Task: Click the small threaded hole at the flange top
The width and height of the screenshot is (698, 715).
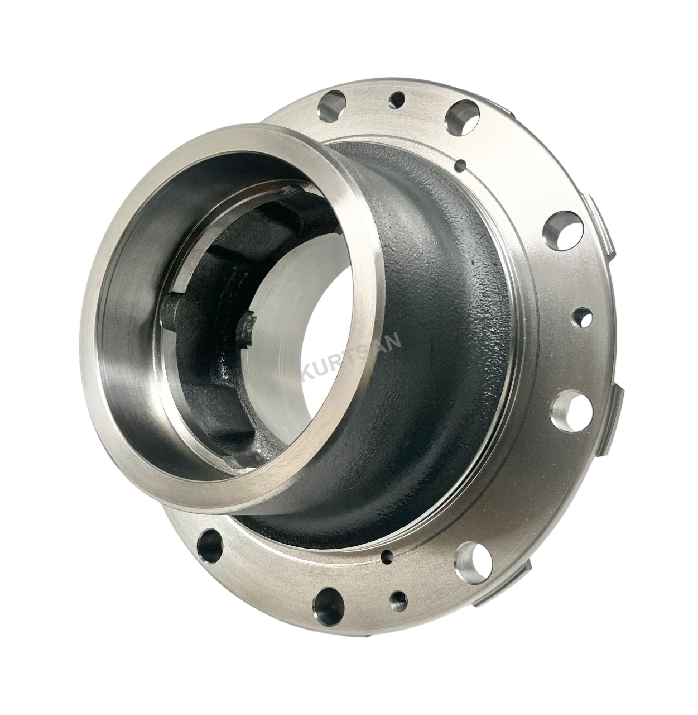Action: [x=397, y=99]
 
